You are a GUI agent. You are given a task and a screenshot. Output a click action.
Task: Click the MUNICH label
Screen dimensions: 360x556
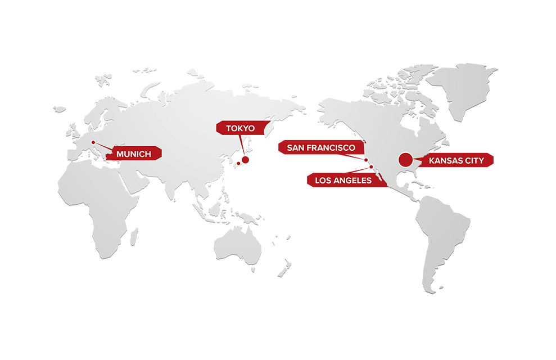[x=134, y=154]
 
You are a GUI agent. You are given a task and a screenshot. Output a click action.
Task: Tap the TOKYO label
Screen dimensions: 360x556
[x=240, y=129]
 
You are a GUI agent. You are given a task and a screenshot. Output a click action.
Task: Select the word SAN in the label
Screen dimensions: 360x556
[x=296, y=148]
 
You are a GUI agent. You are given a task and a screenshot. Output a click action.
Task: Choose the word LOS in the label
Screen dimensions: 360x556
[x=324, y=181]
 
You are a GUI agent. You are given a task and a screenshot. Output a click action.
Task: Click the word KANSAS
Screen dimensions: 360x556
[x=446, y=161]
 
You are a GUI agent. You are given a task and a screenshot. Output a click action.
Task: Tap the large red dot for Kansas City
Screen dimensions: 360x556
[x=406, y=160]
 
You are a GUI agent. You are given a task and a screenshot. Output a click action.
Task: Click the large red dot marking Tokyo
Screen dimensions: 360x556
[x=245, y=160]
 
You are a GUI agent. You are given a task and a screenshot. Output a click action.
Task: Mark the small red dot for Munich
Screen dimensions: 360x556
[x=93, y=142]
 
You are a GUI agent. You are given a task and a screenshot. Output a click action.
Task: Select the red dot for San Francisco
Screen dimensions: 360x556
[x=366, y=160]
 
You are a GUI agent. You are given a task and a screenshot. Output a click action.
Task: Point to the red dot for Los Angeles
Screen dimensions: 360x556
[x=371, y=167]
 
